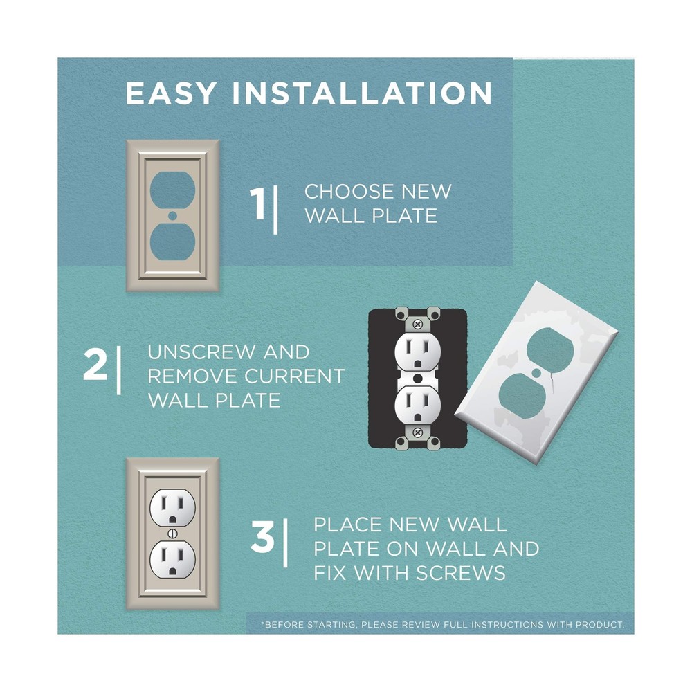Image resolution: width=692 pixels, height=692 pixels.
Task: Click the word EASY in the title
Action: tap(171, 93)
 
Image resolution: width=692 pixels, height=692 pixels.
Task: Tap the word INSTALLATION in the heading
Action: tap(362, 93)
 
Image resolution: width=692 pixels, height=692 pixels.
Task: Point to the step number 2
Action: tap(95, 365)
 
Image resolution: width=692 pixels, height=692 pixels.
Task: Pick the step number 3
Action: tap(262, 537)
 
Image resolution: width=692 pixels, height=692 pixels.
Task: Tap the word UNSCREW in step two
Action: tap(201, 352)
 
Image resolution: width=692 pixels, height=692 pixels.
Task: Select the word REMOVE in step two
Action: tap(192, 376)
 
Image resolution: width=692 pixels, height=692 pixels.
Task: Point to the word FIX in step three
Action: tap(331, 573)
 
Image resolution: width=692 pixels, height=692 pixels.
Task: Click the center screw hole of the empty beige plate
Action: tap(172, 215)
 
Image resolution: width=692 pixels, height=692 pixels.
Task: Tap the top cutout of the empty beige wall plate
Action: tap(172, 190)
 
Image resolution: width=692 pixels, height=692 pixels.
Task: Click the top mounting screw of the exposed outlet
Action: tap(417, 325)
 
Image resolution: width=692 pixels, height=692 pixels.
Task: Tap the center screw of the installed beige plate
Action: tap(172, 534)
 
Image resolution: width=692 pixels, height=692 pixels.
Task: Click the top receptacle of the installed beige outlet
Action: tap(172, 508)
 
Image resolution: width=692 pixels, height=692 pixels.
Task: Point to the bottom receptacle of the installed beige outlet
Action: tap(172, 559)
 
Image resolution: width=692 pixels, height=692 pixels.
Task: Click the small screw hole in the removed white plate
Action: tap(536, 374)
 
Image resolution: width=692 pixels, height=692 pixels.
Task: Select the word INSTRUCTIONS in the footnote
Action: tap(507, 625)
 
